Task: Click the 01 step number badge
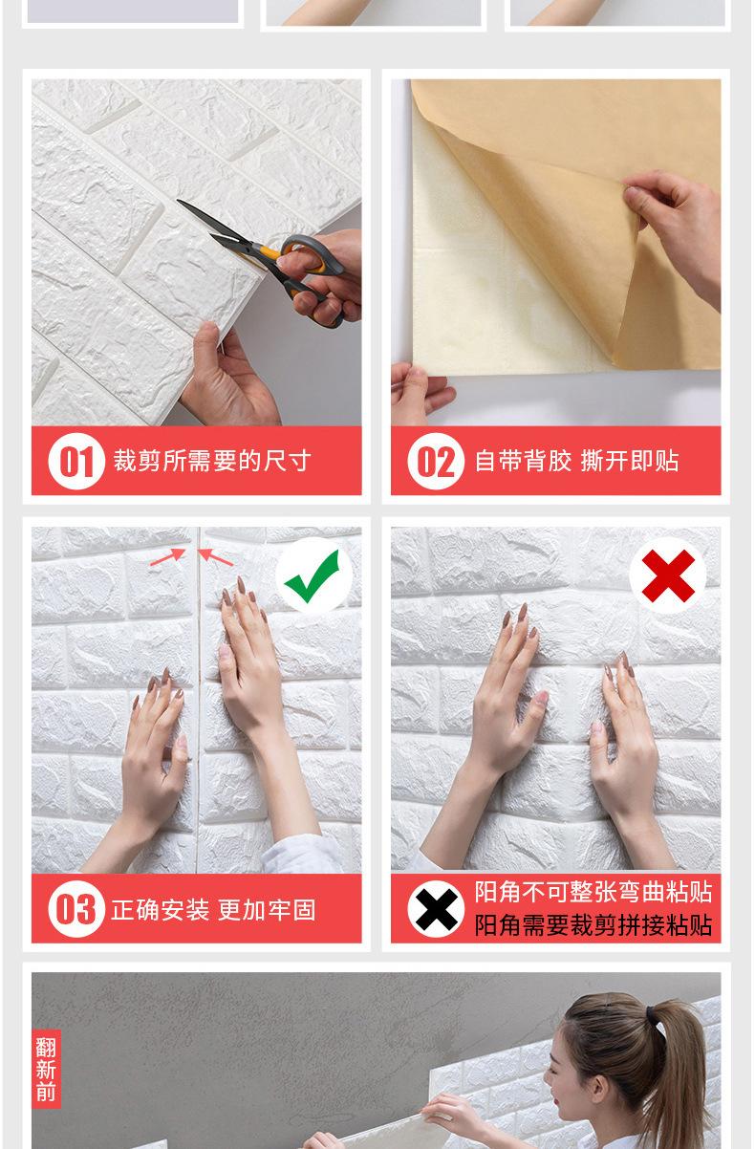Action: click(x=76, y=461)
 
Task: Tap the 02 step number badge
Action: click(x=436, y=461)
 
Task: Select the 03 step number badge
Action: click(x=76, y=909)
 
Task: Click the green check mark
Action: click(x=313, y=575)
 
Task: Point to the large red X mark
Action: click(x=668, y=575)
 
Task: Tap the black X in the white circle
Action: click(x=436, y=909)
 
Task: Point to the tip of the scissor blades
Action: click(x=178, y=201)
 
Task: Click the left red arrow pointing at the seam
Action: click(x=167, y=556)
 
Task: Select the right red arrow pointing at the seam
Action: click(x=215, y=557)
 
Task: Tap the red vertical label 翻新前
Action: click(x=46, y=1069)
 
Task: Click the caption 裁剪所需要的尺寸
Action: click(x=212, y=461)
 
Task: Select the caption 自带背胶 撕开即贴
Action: click(x=576, y=461)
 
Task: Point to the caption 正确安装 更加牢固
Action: click(x=213, y=910)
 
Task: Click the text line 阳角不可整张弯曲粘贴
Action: click(x=593, y=893)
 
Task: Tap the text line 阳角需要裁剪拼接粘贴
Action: click(x=593, y=925)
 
